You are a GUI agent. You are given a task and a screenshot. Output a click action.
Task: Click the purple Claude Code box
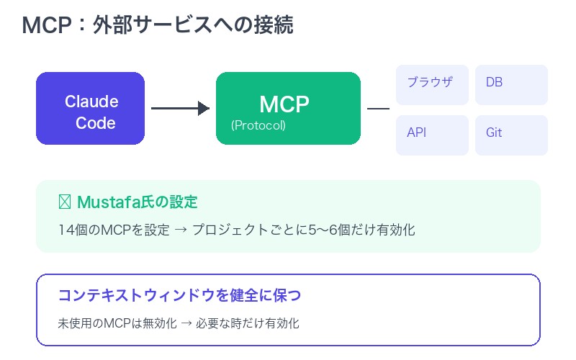click(x=90, y=108)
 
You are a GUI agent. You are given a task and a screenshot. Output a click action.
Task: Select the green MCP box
click(x=288, y=108)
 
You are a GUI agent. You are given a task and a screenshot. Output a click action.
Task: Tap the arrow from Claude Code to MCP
click(x=180, y=109)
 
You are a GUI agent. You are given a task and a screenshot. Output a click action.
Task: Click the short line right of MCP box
click(x=378, y=109)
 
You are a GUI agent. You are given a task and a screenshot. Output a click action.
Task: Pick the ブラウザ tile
click(x=432, y=85)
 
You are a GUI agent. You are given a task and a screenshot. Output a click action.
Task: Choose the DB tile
click(x=511, y=85)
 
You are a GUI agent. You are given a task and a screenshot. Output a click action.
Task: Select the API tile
click(x=432, y=135)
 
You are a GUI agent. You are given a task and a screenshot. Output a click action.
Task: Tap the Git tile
click(x=511, y=135)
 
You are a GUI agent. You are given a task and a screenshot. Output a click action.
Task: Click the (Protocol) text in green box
click(x=258, y=125)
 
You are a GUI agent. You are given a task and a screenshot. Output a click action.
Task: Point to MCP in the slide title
click(x=46, y=25)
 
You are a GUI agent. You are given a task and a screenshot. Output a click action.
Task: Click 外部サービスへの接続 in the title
click(x=193, y=25)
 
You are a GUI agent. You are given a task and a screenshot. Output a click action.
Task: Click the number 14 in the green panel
click(x=65, y=231)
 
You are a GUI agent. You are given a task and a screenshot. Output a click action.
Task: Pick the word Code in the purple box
click(x=96, y=123)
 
